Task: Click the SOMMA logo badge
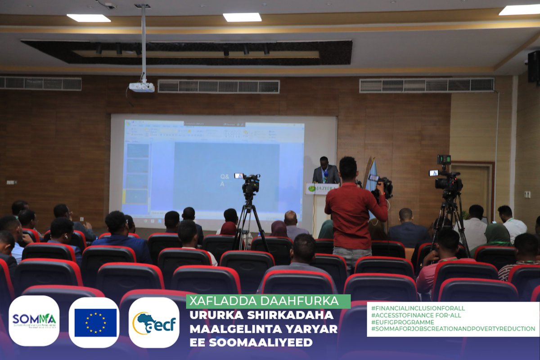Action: click(34, 321)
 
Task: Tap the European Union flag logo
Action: click(94, 322)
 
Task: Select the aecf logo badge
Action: click(154, 322)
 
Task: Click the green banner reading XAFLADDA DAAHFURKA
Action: click(268, 301)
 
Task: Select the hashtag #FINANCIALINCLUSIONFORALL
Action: click(418, 308)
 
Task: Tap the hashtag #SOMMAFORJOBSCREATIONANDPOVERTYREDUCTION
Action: click(453, 329)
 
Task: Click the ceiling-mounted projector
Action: click(142, 87)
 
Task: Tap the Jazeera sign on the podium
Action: click(322, 189)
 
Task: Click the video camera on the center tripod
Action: click(249, 183)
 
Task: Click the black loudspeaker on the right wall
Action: click(533, 66)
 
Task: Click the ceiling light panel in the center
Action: click(242, 17)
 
